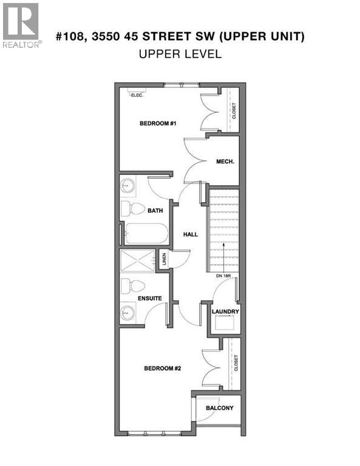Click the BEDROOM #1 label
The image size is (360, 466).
[x=158, y=124]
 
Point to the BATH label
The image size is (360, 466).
[x=155, y=211]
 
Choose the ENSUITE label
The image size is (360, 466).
[x=149, y=299]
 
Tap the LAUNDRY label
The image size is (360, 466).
[x=225, y=312]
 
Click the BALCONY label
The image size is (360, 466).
[x=219, y=408]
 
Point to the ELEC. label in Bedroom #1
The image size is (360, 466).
[x=135, y=94]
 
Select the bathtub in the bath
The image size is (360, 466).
[x=146, y=233]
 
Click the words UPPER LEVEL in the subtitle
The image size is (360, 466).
[x=180, y=53]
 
